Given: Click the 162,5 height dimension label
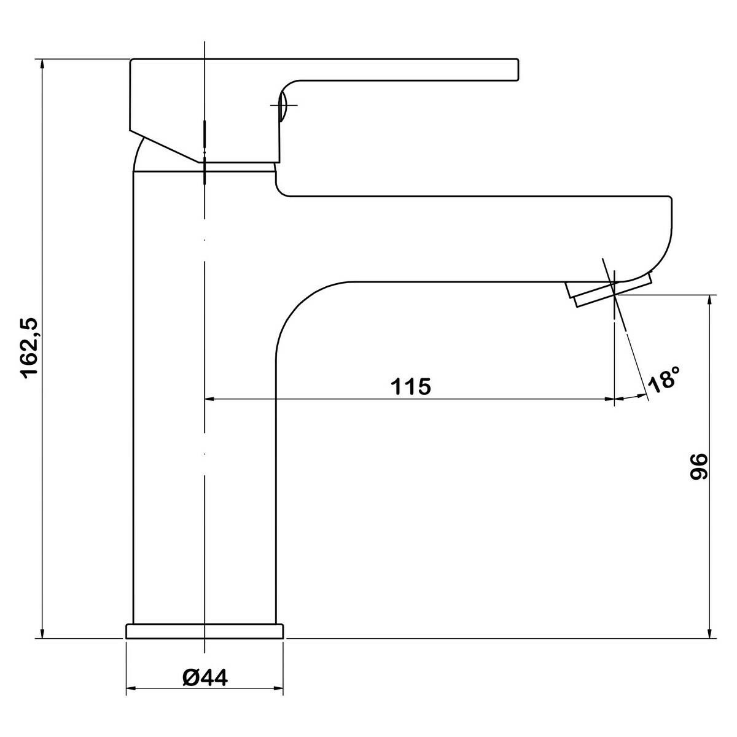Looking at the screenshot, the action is (x=30, y=348).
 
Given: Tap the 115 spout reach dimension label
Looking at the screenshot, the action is (x=411, y=386).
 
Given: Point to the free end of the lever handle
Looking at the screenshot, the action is (x=518, y=70).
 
